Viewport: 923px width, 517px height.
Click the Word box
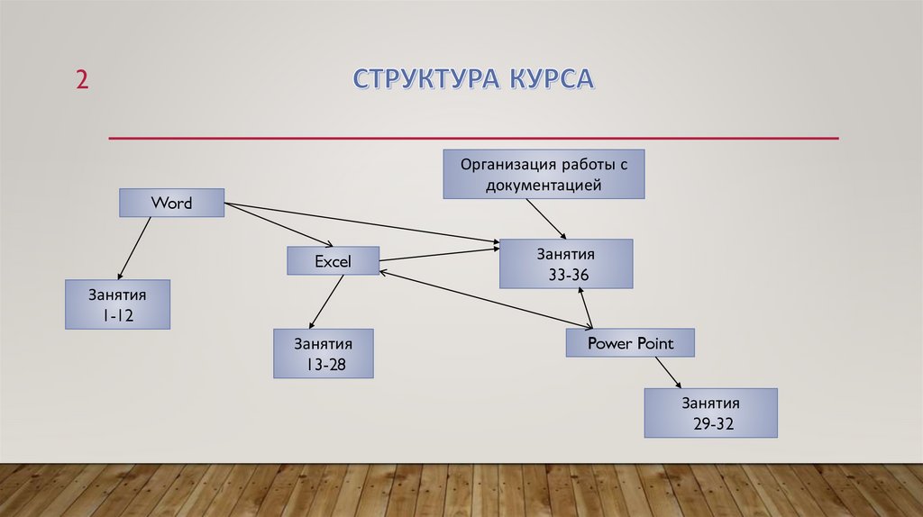pos(171,203)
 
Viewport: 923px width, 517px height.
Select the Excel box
pos(332,261)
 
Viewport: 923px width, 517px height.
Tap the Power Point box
pos(630,343)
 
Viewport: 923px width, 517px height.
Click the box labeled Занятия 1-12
pos(117,304)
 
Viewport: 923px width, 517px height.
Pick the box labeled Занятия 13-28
pos(322,353)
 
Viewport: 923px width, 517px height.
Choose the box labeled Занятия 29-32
pos(710,413)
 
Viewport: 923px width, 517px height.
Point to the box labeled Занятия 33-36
pos(566,264)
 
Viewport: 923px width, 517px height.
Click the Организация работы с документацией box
pos(543,174)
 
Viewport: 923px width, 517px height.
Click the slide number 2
pos(82,79)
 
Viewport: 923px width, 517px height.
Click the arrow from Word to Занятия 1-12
pos(134,247)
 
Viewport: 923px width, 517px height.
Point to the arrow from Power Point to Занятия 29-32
pos(669,372)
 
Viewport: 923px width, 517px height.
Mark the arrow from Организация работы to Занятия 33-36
pos(546,217)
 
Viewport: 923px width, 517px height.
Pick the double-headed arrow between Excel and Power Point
pos(482,298)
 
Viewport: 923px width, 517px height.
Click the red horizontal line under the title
pos(473,139)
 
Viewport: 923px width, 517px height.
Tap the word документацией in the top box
pos(543,186)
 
